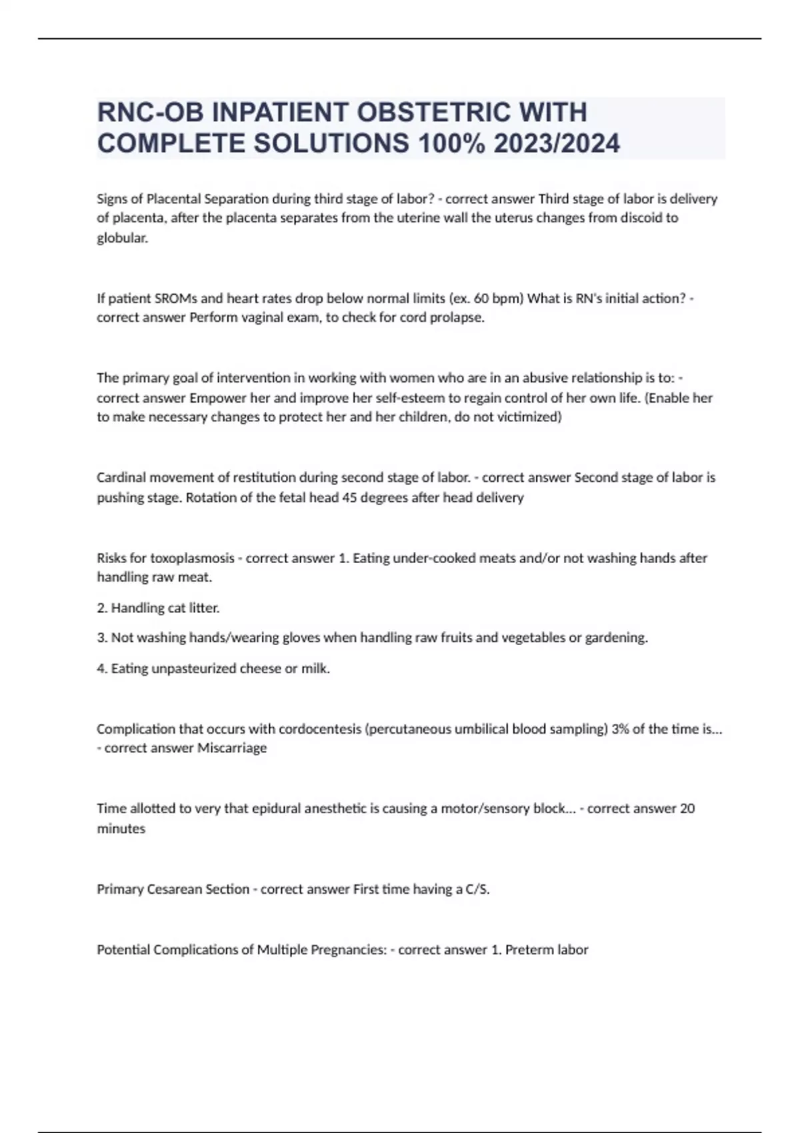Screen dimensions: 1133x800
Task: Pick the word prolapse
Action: click(459, 317)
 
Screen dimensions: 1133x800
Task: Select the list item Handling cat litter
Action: click(158, 608)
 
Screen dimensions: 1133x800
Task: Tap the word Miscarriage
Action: click(232, 748)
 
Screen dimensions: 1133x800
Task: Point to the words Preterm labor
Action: click(547, 949)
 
